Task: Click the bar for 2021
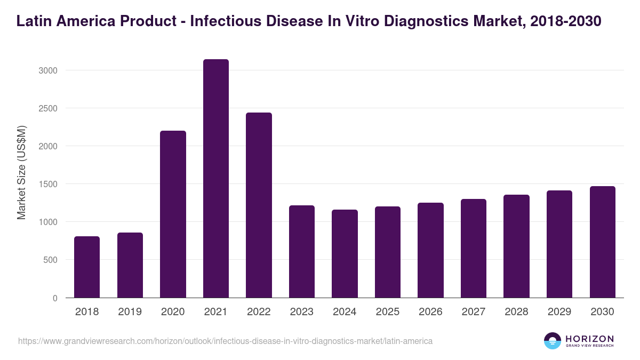(x=215, y=179)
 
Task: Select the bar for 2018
(x=87, y=267)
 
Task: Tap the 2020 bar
(x=173, y=214)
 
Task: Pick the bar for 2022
(x=259, y=205)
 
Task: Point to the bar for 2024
(x=345, y=253)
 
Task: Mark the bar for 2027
(x=474, y=248)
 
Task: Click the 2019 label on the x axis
(x=130, y=312)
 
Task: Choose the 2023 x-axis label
(x=301, y=312)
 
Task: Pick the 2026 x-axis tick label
(x=430, y=312)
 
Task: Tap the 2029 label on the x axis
(x=559, y=312)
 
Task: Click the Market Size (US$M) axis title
(x=21, y=172)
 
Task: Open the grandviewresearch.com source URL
(x=225, y=341)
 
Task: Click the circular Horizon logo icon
(x=552, y=341)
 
